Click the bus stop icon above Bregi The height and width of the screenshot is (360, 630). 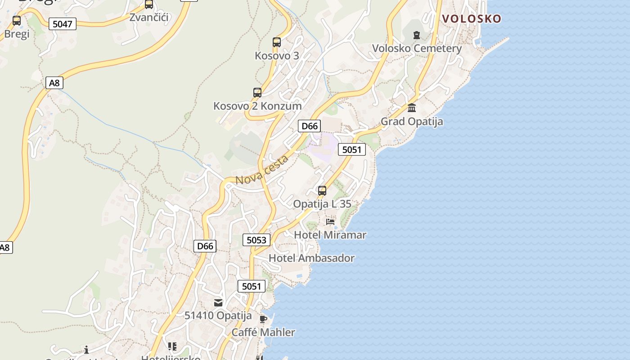tap(17, 20)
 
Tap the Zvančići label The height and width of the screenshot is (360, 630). tap(148, 18)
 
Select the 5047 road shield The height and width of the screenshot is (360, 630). tap(62, 24)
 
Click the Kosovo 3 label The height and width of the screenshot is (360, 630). tap(277, 56)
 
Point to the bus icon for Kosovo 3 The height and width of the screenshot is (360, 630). tap(277, 42)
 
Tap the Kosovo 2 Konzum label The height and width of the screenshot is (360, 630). tap(257, 106)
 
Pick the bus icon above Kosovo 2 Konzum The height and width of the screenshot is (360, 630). tap(257, 93)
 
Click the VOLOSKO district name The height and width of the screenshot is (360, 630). tap(472, 18)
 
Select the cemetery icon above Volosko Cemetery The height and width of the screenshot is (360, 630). tap(417, 35)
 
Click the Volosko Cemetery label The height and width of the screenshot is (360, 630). tap(417, 49)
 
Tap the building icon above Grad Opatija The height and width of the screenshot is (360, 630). tap(412, 108)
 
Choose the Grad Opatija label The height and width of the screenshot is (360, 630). tap(412, 121)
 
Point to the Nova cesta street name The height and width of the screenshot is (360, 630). tap(262, 170)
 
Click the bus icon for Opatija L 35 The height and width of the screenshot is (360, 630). tap(322, 190)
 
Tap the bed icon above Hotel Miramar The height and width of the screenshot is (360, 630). tap(330, 221)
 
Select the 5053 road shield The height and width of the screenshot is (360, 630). tap(256, 240)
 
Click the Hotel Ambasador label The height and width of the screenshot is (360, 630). tap(311, 258)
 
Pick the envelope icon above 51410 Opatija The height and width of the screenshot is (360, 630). tap(218, 302)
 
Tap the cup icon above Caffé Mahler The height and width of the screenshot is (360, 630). tap(263, 319)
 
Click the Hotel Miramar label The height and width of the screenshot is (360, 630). tap(330, 235)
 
